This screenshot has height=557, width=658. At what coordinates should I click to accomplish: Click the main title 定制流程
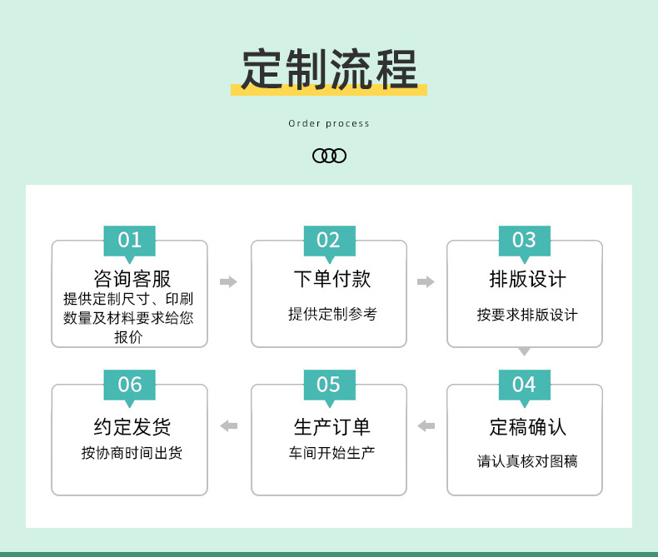click(328, 70)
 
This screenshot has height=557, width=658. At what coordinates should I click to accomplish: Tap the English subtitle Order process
click(329, 123)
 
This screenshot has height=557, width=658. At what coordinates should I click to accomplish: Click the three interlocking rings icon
click(329, 156)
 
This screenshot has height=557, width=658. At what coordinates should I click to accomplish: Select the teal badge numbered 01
click(129, 240)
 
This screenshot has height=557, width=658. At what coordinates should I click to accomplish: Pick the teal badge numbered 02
click(329, 240)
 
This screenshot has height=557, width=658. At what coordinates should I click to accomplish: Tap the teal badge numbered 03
click(524, 240)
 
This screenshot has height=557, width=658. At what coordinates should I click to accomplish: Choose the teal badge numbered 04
click(524, 384)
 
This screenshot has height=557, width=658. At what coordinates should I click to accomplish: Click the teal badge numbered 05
click(329, 384)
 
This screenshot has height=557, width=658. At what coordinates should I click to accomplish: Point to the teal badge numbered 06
click(129, 384)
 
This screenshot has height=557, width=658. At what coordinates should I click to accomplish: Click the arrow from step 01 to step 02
click(228, 281)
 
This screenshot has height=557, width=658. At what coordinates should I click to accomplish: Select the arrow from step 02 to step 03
click(426, 281)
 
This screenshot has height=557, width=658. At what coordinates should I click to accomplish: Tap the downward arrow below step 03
click(524, 352)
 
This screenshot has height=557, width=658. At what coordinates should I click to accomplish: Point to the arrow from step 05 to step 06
click(228, 425)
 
